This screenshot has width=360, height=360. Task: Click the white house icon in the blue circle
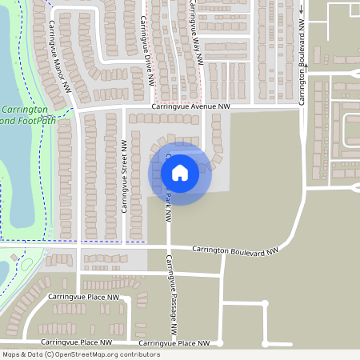tap(180, 172)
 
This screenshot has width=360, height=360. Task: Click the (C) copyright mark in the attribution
tap(49, 354)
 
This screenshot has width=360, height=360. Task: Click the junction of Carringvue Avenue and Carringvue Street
tap(125, 107)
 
